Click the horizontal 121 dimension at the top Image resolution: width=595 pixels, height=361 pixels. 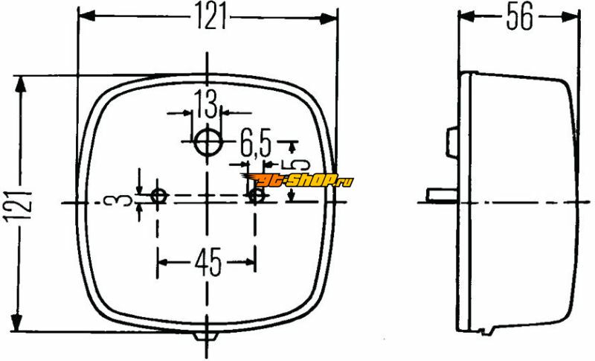210,16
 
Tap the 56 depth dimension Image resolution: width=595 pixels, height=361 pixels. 519,16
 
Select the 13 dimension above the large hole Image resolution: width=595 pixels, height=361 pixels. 207,103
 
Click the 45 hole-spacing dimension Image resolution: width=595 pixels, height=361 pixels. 208,262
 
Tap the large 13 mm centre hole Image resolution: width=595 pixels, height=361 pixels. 208,142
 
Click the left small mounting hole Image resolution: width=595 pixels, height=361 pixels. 159,196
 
